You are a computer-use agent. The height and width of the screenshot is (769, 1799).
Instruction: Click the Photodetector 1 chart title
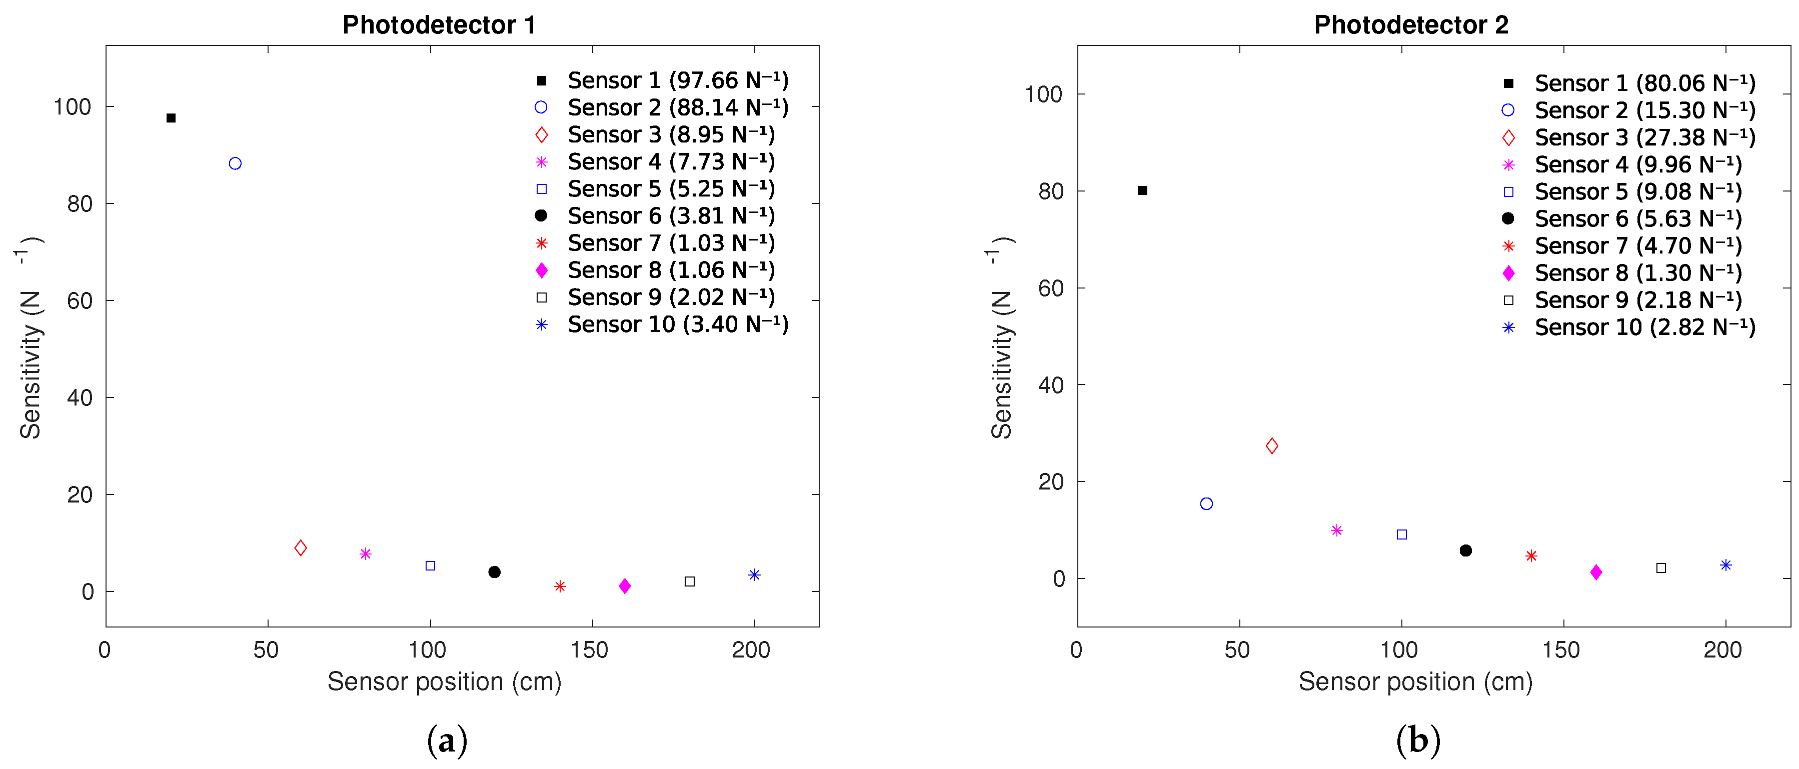pos(439,25)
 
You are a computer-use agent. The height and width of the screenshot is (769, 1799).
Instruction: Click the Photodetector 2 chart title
pos(1411,25)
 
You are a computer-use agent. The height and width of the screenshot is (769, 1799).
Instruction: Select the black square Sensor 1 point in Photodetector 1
pos(171,118)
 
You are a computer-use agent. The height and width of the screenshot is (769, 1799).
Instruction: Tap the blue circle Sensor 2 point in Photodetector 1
pos(236,163)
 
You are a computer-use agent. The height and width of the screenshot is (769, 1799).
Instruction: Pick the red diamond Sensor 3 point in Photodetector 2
pos(1272,445)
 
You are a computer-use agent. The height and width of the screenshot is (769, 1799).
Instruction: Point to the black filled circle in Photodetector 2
pos(1466,550)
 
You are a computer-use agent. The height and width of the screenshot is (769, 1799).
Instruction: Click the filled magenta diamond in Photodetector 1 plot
pos(624,586)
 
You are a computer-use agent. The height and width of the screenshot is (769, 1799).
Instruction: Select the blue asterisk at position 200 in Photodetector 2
pos(1725,565)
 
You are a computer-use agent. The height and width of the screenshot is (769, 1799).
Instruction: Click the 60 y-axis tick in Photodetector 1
pos(80,301)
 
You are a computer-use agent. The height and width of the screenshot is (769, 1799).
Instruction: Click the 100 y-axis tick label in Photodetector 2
pos(1043,94)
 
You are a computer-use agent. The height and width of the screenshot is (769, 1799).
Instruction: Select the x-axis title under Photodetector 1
pos(444,681)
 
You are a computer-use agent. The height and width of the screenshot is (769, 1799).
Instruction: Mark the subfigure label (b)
pos(1418,740)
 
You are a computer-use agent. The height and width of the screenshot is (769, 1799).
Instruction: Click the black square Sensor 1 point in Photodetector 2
pos(1142,190)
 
